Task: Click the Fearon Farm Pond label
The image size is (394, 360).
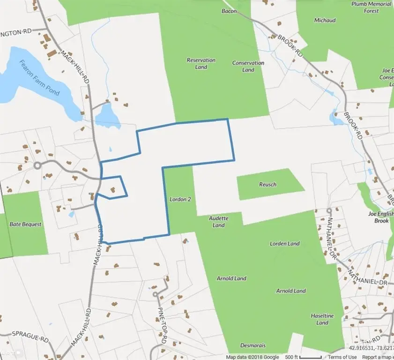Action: pos(39,78)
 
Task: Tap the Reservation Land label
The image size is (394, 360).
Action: pos(201,63)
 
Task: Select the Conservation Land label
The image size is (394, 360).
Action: pos(248,66)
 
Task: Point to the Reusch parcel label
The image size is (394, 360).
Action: pos(268,184)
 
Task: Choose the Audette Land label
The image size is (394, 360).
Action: pos(218,222)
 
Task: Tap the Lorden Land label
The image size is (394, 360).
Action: pos(284,244)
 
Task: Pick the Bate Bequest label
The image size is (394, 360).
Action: pos(25,224)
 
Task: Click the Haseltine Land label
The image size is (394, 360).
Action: pos(322,319)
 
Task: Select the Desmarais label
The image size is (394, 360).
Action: pos(253,345)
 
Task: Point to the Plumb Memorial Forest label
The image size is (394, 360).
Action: pos(372,7)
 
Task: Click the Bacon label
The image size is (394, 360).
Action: pos(229,11)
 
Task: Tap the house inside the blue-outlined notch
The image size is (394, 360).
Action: pos(112,190)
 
